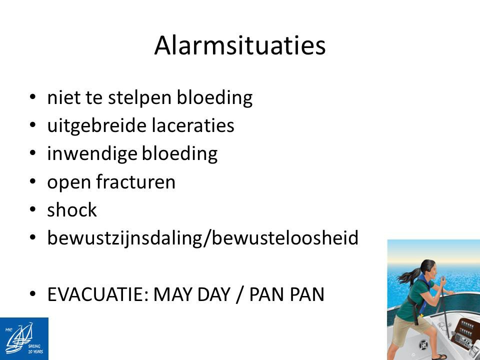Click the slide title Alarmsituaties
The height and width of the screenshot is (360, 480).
pos(239,45)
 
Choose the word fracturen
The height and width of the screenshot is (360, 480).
pos(135,182)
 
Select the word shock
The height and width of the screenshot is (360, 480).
pos(72,210)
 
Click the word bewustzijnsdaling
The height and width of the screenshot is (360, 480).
pos(125,238)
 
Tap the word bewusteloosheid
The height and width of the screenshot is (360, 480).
pos(285,238)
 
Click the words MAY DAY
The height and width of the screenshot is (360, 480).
pos(191,294)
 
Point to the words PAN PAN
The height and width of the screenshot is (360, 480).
pos(287,294)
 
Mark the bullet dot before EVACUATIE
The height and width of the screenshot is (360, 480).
pos(33,294)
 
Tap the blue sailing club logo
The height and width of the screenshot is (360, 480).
pos(24,338)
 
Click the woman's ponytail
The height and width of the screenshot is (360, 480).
pos(408,276)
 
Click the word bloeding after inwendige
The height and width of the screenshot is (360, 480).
pos(179,153)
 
